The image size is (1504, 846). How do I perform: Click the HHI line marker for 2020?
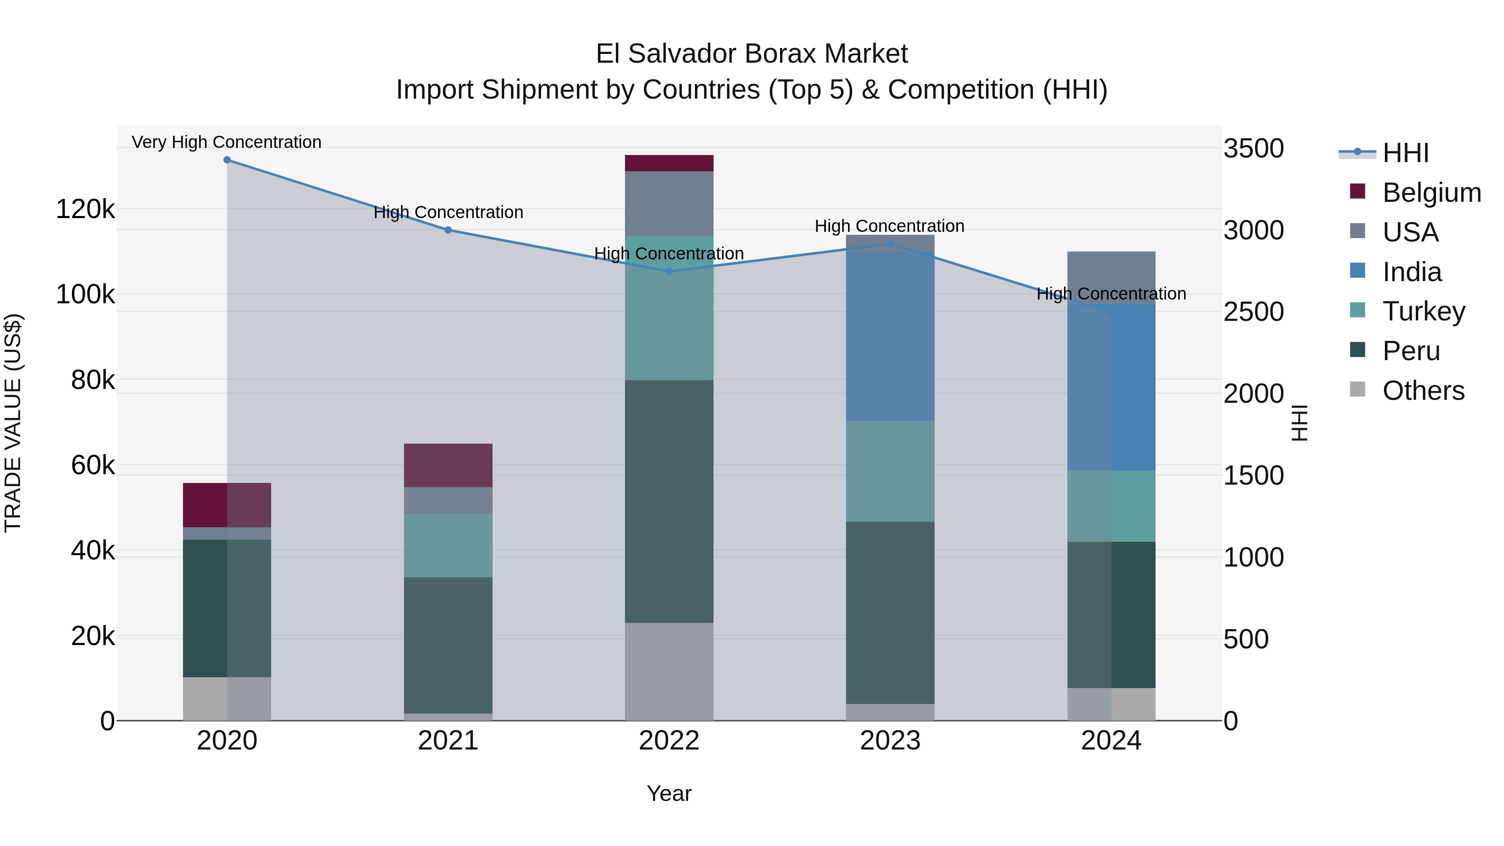pyautogui.click(x=227, y=160)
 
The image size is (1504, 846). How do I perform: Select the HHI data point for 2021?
pyautogui.click(x=448, y=230)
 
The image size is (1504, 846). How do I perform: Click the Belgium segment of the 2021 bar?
pyautogui.click(x=448, y=465)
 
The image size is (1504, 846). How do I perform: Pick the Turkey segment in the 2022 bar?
pyautogui.click(x=669, y=308)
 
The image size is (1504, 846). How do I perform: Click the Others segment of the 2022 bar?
pyautogui.click(x=669, y=671)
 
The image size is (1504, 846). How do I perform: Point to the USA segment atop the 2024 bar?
pyautogui.click(x=1111, y=278)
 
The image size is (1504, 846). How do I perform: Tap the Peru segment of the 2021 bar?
pyautogui.click(x=448, y=645)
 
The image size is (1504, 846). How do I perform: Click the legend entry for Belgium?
pyautogui.click(x=1431, y=193)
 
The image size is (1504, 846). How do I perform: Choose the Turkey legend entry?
pyautogui.click(x=1423, y=311)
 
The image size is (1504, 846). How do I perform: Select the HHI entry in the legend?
pyautogui.click(x=1405, y=153)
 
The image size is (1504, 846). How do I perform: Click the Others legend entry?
pyautogui.click(x=1423, y=391)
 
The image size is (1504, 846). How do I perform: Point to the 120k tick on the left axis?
pyautogui.click(x=85, y=209)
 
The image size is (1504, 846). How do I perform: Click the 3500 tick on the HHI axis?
pyautogui.click(x=1253, y=148)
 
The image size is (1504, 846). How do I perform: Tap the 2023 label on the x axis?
pyautogui.click(x=890, y=741)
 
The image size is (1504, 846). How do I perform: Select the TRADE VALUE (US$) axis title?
pyautogui.click(x=13, y=423)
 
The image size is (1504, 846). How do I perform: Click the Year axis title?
pyautogui.click(x=669, y=793)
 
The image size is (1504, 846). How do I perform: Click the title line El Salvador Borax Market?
pyautogui.click(x=752, y=54)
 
